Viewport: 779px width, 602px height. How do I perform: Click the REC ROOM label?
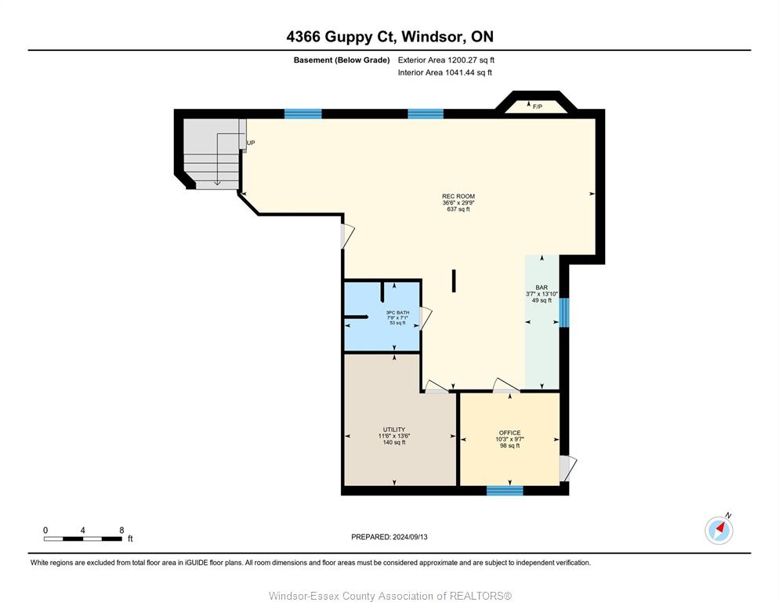pyautogui.click(x=458, y=197)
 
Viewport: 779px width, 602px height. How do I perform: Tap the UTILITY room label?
pyautogui.click(x=394, y=430)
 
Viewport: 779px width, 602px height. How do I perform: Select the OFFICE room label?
pyautogui.click(x=509, y=433)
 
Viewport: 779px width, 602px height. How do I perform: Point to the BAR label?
pyautogui.click(x=542, y=288)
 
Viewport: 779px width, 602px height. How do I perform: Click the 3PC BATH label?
pyautogui.click(x=397, y=313)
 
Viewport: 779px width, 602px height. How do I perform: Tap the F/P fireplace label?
pyautogui.click(x=537, y=107)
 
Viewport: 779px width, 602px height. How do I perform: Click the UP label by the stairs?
pyautogui.click(x=251, y=143)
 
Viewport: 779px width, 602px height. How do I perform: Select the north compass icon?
pyautogui.click(x=719, y=530)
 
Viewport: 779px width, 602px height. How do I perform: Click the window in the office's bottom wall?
pyautogui.click(x=505, y=491)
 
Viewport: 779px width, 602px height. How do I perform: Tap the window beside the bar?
pyautogui.click(x=564, y=313)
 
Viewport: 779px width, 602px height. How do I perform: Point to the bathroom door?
pyautogui.click(x=426, y=318)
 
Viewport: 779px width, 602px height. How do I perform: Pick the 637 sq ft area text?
pyautogui.click(x=458, y=209)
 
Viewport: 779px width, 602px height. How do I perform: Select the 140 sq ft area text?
pyautogui.click(x=394, y=442)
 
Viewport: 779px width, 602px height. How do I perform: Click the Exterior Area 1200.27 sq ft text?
pyautogui.click(x=446, y=60)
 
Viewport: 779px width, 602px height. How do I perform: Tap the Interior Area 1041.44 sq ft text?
pyautogui.click(x=444, y=73)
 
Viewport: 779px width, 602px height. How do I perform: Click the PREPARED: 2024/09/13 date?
pyautogui.click(x=389, y=537)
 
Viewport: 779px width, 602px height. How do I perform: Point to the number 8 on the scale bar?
pyautogui.click(x=121, y=531)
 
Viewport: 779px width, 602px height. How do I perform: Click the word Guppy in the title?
pyautogui.click(x=350, y=37)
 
